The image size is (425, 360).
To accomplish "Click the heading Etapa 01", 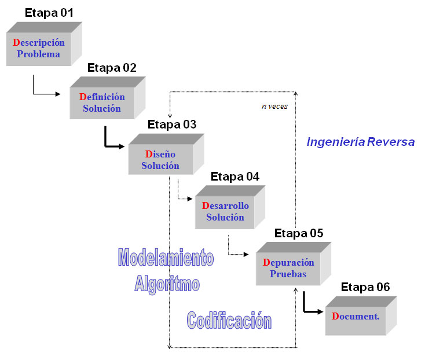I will pyautogui.click(x=49, y=12).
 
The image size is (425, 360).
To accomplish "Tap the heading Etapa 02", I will pyautogui.click(x=112, y=68).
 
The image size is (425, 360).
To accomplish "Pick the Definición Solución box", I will pyautogui.click(x=102, y=103).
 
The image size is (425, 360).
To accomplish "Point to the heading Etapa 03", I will pyautogui.click(x=172, y=124).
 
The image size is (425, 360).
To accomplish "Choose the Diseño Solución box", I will pyautogui.click(x=160, y=160).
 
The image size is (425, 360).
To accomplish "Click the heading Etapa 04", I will pyautogui.click(x=235, y=177).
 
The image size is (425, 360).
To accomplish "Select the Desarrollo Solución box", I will pyautogui.click(x=225, y=212).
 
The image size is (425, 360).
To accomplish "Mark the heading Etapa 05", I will pyautogui.click(x=299, y=233).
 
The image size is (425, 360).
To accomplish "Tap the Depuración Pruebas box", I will pyautogui.click(x=288, y=269).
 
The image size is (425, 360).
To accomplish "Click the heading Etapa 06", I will pyautogui.click(x=365, y=287).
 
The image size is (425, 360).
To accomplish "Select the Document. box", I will pyautogui.click(x=355, y=317).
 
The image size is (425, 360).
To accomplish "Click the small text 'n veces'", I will pyautogui.click(x=274, y=106).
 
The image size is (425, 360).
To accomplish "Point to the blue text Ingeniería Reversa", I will pyautogui.click(x=360, y=142).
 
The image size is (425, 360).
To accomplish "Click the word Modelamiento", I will pyautogui.click(x=166, y=258).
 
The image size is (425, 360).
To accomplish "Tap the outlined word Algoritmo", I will pyautogui.click(x=167, y=284).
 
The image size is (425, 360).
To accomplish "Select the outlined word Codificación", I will pyautogui.click(x=229, y=319).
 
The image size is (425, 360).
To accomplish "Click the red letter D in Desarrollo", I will pyautogui.click(x=205, y=206).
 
